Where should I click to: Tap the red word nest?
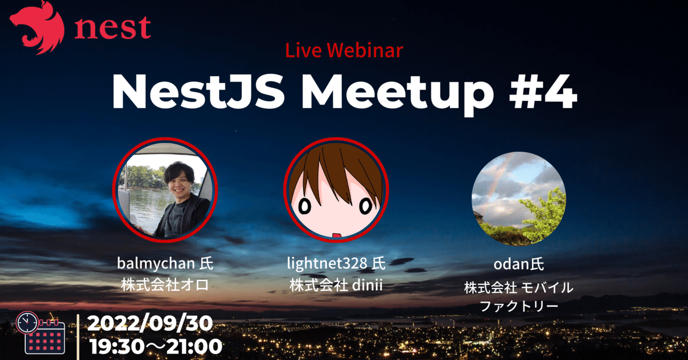(112, 28)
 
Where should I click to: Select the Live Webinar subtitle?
(344, 51)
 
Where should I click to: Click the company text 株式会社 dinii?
(336, 284)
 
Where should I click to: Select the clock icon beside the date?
(27, 322)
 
